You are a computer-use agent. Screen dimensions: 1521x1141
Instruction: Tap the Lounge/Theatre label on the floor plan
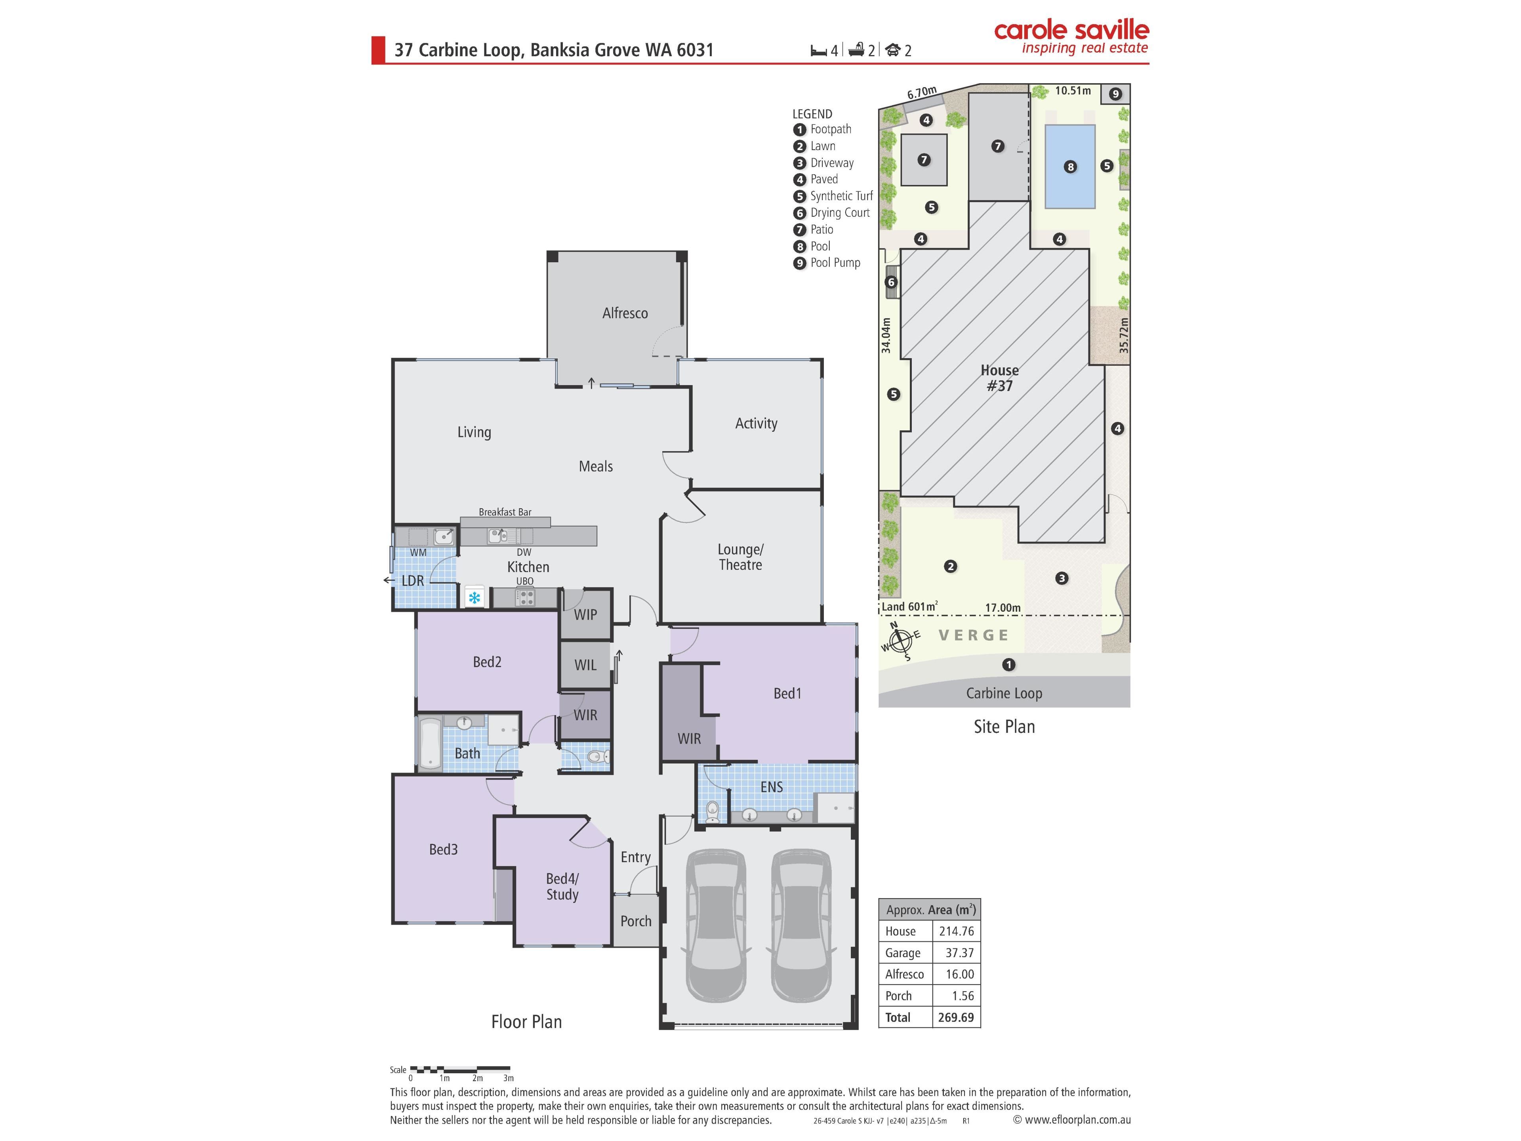[x=741, y=557]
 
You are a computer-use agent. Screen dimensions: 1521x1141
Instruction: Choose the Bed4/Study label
[x=562, y=887]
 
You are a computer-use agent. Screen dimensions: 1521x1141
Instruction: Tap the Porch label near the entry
[x=636, y=921]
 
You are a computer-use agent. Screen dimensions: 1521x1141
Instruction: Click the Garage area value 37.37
[x=959, y=952]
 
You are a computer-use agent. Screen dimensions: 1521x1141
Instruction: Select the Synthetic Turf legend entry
[x=833, y=196]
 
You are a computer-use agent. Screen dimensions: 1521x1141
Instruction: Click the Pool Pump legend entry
[x=827, y=263]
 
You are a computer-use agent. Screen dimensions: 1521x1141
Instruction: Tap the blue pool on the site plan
[x=1070, y=166]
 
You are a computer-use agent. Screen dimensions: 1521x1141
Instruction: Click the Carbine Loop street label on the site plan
[x=1004, y=693]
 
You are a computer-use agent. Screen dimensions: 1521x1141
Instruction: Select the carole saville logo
[x=1071, y=37]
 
